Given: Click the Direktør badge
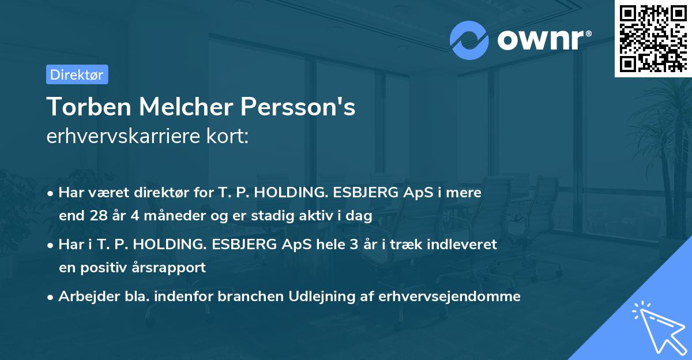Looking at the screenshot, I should click(x=77, y=74).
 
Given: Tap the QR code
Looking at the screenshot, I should click(x=653, y=38).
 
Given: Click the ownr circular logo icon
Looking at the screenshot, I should click(x=469, y=40).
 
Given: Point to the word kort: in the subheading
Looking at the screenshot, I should click(x=228, y=137).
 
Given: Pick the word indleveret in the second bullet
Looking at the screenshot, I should click(x=468, y=244).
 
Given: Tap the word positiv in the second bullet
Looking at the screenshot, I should click(x=107, y=268).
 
